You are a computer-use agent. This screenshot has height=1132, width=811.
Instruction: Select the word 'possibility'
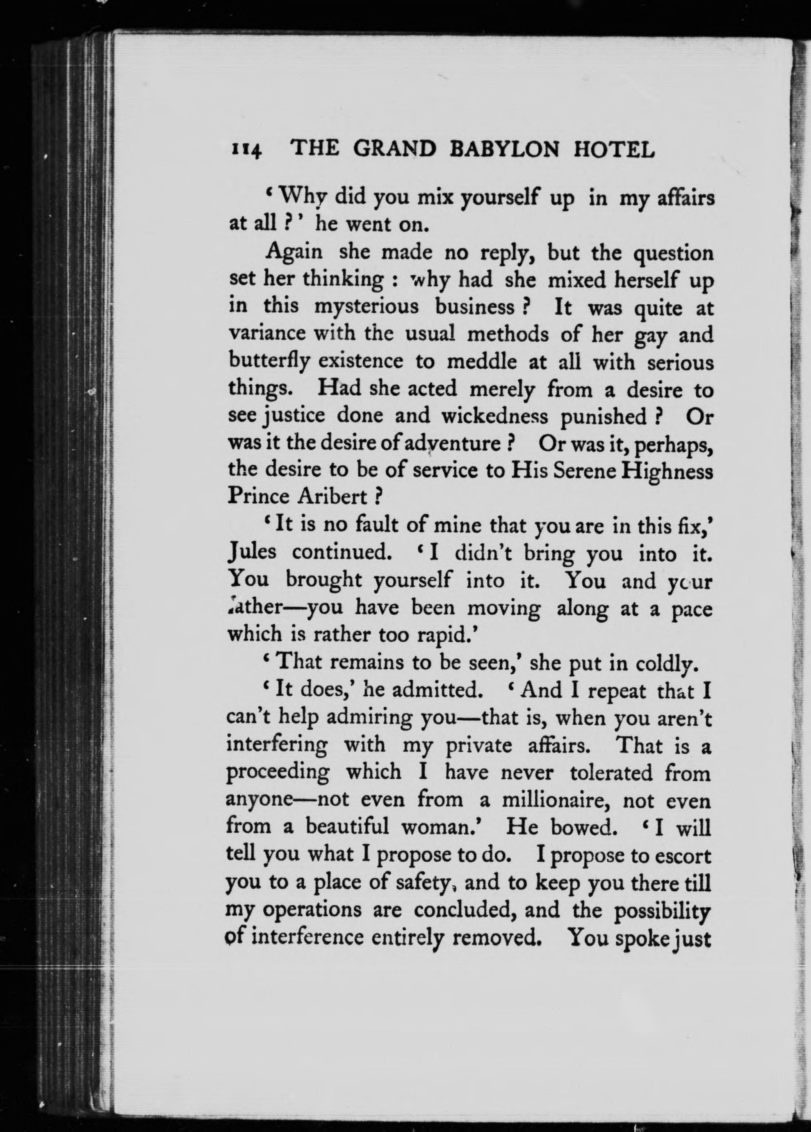662,910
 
